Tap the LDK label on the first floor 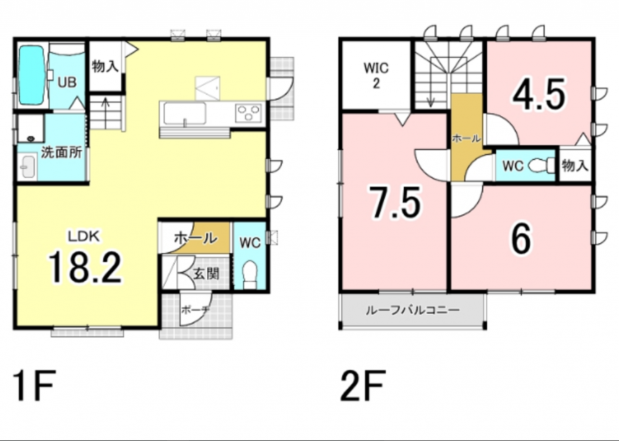tap(84, 237)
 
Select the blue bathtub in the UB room tap(31, 75)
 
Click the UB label tap(67, 82)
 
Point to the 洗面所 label tap(61, 152)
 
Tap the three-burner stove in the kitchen tap(249, 113)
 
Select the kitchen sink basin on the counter tap(184, 113)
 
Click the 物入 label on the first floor tap(105, 66)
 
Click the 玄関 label tap(206, 273)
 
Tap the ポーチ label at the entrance tap(195, 310)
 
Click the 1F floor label tap(34, 386)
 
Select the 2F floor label tap(362, 386)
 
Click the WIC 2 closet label tap(376, 76)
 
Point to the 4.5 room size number tap(539, 95)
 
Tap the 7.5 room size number tap(395, 202)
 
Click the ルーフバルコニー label tap(413, 310)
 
